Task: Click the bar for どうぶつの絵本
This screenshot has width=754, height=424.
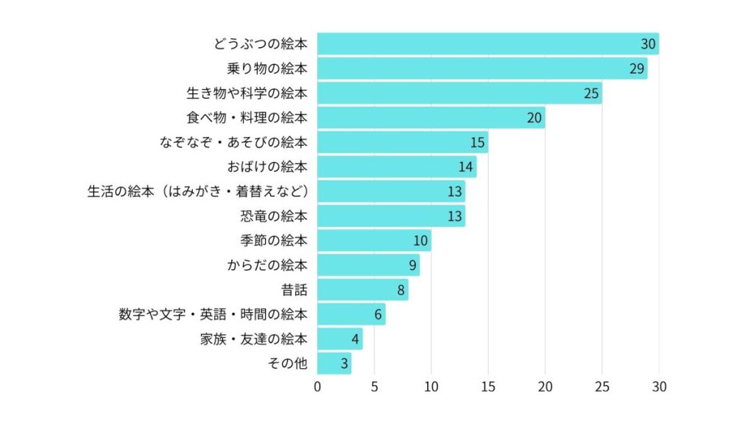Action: (x=487, y=44)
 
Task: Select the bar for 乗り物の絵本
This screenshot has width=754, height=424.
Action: (x=482, y=68)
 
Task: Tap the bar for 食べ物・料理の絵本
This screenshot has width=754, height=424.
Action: (x=431, y=118)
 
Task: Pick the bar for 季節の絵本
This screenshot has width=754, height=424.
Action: (x=374, y=241)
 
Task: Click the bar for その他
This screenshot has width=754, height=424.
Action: (x=334, y=364)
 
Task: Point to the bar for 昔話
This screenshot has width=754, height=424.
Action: (x=362, y=290)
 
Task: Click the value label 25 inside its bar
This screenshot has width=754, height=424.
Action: (x=591, y=93)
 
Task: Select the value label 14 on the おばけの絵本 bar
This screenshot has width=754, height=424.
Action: (x=465, y=167)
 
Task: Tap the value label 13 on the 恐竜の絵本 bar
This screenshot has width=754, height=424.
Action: (x=454, y=216)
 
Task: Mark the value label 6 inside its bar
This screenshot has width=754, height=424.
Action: (x=378, y=315)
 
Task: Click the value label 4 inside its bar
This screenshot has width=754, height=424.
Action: (x=355, y=339)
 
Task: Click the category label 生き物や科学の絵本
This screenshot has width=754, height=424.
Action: (x=247, y=93)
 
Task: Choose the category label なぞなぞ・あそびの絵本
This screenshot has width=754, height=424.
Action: (x=233, y=142)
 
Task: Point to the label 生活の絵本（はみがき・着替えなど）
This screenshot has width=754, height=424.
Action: (x=197, y=191)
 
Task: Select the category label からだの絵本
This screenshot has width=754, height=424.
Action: (x=267, y=265)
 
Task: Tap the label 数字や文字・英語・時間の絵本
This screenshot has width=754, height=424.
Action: (x=213, y=314)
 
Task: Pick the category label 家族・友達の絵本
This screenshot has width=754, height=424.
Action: (x=253, y=339)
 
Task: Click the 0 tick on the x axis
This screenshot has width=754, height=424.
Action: (x=317, y=386)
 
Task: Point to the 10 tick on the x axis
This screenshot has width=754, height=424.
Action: (x=431, y=386)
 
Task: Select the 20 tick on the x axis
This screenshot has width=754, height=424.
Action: (x=545, y=386)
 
